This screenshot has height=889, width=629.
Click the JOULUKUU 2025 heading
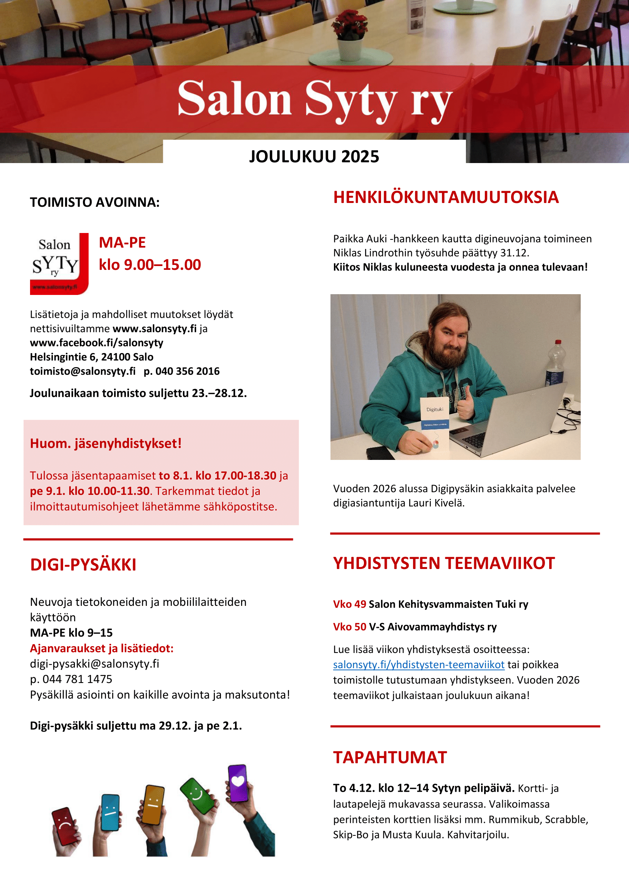tap(314, 157)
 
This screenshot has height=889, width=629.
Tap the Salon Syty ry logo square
tap(59, 263)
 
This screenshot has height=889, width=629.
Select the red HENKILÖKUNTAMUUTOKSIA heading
tap(446, 197)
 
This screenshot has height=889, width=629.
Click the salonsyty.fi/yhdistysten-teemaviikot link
tap(418, 664)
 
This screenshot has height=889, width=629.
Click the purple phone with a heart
tap(237, 783)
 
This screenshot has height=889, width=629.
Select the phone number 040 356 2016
tap(187, 371)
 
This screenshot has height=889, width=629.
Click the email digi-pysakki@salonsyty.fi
tap(95, 664)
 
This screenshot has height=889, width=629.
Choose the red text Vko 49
tap(349, 604)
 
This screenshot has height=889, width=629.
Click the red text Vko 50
tap(349, 626)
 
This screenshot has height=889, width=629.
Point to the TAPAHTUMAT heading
tap(390, 757)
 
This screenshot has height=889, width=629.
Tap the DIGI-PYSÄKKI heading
tap(83, 564)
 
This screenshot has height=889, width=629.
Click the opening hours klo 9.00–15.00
tap(150, 265)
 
